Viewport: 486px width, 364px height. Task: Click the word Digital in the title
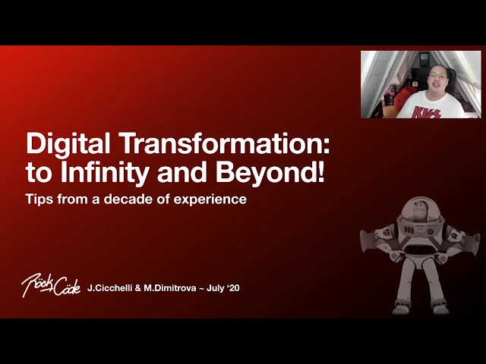63,143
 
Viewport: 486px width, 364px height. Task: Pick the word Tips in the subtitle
39,201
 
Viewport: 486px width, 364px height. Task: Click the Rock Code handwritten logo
46,286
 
